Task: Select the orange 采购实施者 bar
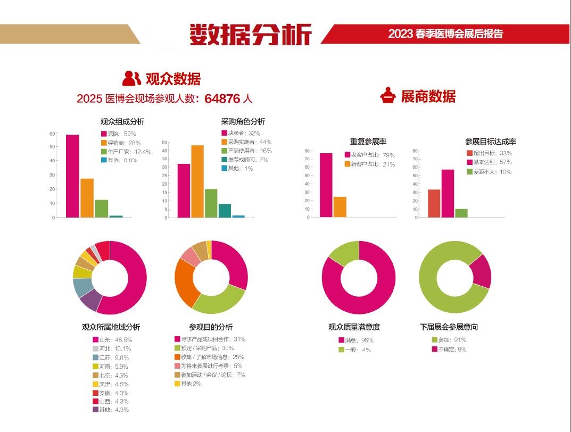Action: coord(197,181)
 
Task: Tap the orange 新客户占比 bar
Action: coord(340,206)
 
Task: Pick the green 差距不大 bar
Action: coord(461,213)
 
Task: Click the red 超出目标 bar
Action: coord(434,203)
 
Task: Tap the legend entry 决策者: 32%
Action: coord(240,133)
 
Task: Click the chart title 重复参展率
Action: coord(368,142)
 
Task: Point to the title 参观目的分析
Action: coord(211,327)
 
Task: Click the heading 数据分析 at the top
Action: coord(251,35)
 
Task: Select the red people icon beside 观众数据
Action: coord(131,79)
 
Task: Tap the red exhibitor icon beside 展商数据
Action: coord(388,96)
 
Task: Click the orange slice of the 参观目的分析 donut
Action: coord(184,282)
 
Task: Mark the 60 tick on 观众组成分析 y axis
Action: coord(53,134)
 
